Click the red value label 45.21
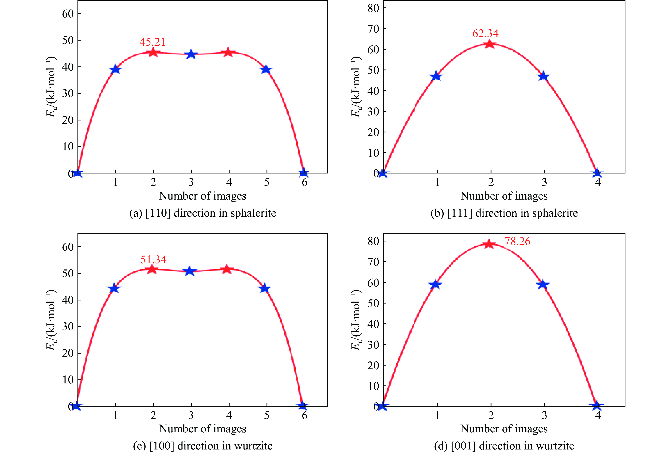point(152,42)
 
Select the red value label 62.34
point(485,33)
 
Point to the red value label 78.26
point(517,241)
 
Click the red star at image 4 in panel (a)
point(228,52)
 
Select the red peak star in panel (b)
point(490,44)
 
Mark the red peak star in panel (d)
point(489,244)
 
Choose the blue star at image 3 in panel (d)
point(543,284)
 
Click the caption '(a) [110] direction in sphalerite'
point(203,213)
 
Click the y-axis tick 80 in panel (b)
point(373,8)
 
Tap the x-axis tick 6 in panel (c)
point(304,415)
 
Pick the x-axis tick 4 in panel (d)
point(598,415)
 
